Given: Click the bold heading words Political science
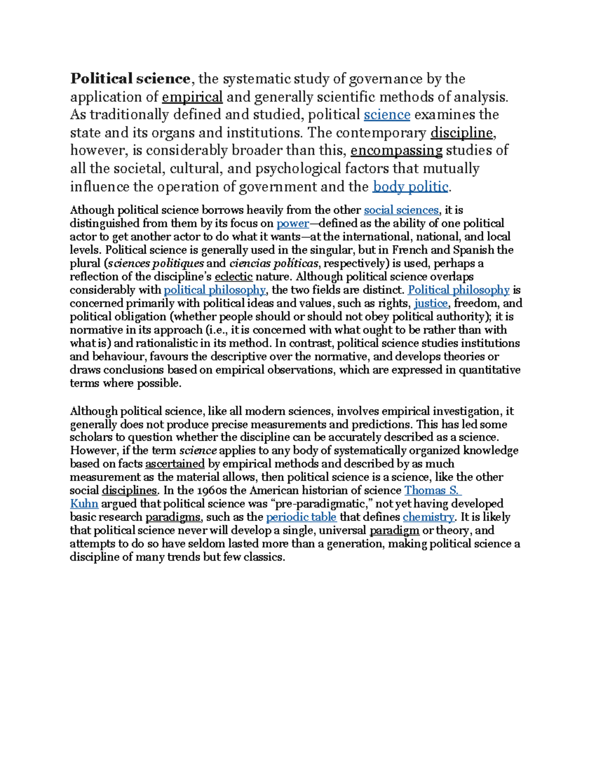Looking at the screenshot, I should [x=130, y=79].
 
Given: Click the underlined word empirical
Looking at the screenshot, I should [x=192, y=97].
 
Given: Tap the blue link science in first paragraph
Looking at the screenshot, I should [x=387, y=115].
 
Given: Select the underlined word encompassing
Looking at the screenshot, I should [x=396, y=150].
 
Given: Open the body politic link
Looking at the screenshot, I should [x=410, y=187].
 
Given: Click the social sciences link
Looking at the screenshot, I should [x=401, y=210].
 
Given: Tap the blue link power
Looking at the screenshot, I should [x=293, y=223].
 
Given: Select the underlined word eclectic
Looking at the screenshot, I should [x=233, y=277].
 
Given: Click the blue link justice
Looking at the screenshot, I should [x=431, y=303].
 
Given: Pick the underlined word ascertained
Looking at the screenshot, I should [x=175, y=464].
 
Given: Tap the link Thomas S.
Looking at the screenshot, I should [x=433, y=491].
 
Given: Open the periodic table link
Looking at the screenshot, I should [x=301, y=517].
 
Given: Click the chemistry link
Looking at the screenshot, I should [x=428, y=517].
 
